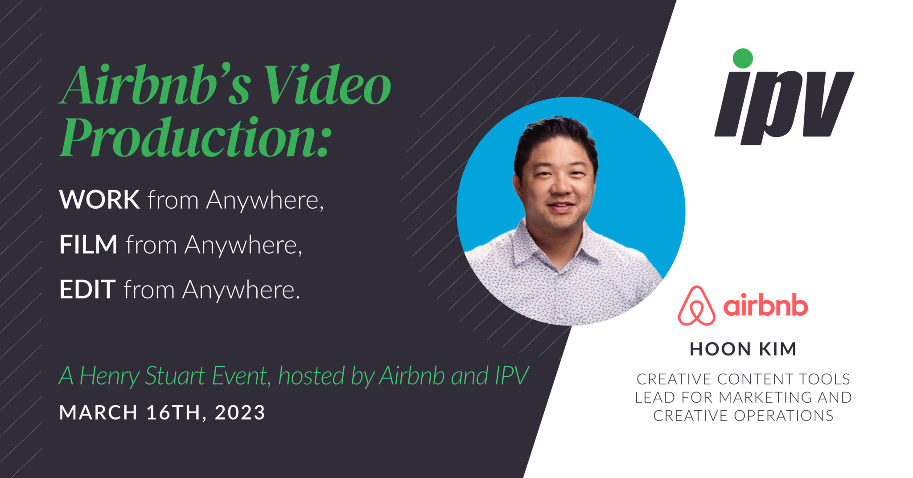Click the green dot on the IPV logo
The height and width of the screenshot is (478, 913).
coord(743,58)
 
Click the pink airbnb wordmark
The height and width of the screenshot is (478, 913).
coord(765,306)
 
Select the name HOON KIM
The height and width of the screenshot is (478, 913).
coord(743,349)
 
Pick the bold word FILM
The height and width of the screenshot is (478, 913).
coord(88,245)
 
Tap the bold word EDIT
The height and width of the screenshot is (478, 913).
coord(87,290)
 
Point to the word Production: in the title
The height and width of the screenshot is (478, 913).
coord(196,137)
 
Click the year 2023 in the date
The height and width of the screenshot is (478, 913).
coord(240,412)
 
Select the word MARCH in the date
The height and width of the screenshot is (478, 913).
coord(98,412)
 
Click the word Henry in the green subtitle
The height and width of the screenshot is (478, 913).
coord(109,376)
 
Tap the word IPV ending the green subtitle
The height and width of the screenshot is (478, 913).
coord(511,376)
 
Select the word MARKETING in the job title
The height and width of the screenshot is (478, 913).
coord(765,397)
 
